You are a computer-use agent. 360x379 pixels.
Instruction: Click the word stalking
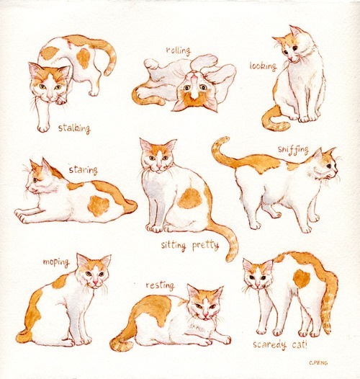click(x=74, y=128)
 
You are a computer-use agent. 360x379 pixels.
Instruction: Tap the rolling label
click(x=179, y=50)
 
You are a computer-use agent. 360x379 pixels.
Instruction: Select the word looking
click(x=263, y=66)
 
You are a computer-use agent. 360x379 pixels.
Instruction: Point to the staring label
click(x=84, y=170)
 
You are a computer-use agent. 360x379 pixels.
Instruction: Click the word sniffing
click(x=293, y=150)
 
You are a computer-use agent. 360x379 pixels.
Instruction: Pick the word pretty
click(x=206, y=246)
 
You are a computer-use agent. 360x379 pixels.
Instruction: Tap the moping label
click(x=56, y=262)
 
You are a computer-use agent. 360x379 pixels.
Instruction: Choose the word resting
click(x=160, y=285)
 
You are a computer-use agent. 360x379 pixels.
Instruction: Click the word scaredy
click(x=270, y=344)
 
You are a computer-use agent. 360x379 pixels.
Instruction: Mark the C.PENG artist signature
click(x=318, y=362)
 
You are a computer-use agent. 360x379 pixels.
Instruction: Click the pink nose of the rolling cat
click(x=194, y=77)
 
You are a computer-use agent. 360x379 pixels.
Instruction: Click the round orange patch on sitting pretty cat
click(x=190, y=198)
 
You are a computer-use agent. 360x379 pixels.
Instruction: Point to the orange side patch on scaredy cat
click(x=302, y=279)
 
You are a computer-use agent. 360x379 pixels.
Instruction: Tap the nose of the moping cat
click(x=96, y=282)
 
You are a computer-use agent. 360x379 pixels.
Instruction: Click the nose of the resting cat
click(x=205, y=314)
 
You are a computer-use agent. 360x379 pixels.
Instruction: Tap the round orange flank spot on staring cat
click(x=99, y=205)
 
